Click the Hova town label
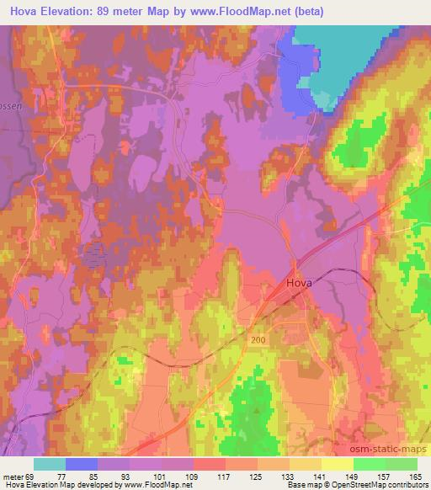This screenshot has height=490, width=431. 299,284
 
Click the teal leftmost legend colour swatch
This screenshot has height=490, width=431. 50,464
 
